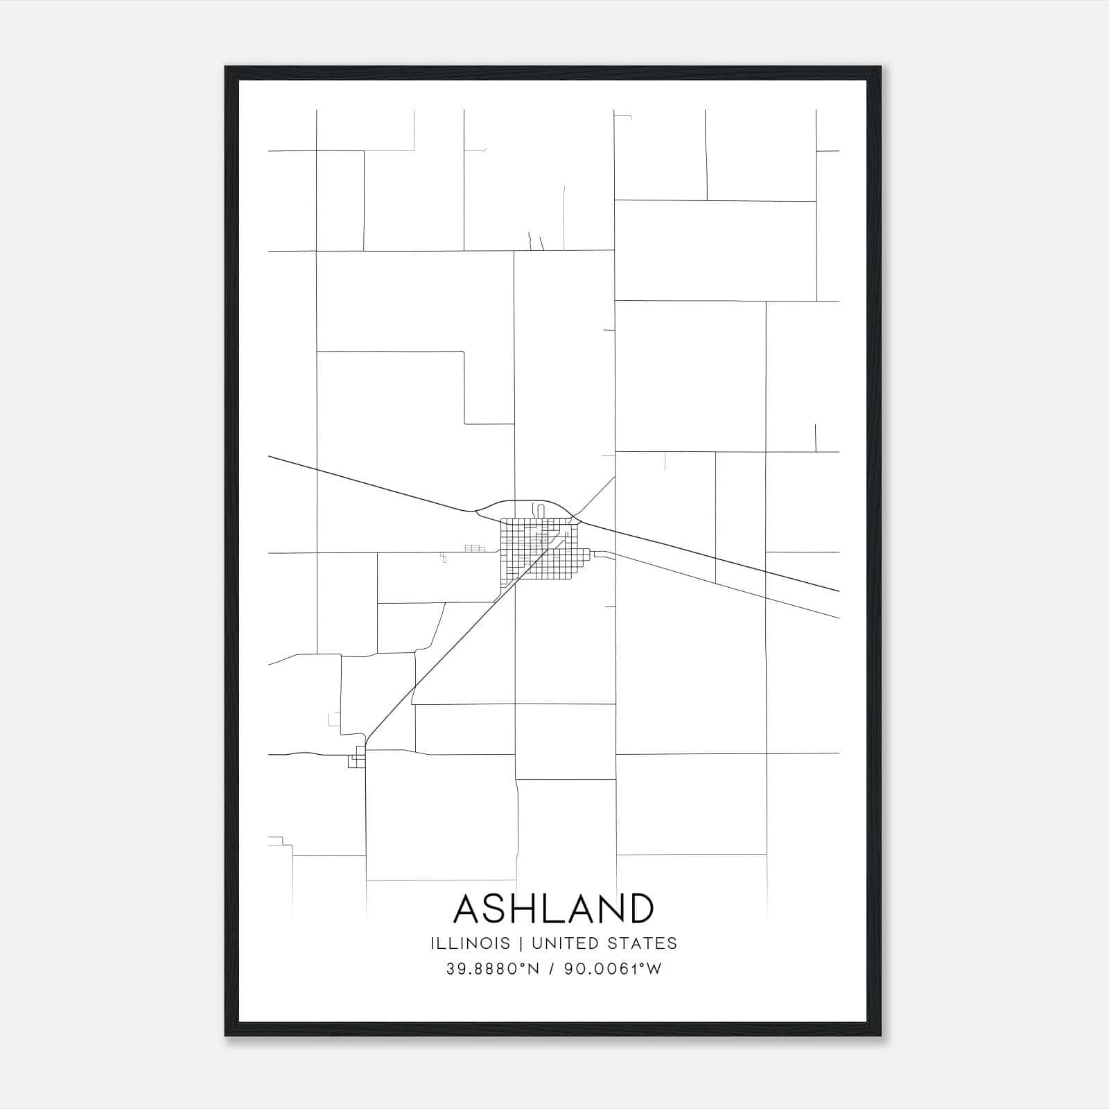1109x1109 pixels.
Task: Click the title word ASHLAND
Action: click(x=553, y=909)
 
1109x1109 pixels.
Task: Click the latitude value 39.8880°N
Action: click(x=492, y=969)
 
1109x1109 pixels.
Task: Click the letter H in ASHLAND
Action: click(x=531, y=909)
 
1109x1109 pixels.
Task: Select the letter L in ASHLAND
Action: click(x=560, y=909)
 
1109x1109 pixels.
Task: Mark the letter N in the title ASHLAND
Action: click(x=606, y=909)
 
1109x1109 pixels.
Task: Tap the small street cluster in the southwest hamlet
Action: click(x=358, y=758)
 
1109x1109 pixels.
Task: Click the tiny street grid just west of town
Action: click(x=473, y=548)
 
